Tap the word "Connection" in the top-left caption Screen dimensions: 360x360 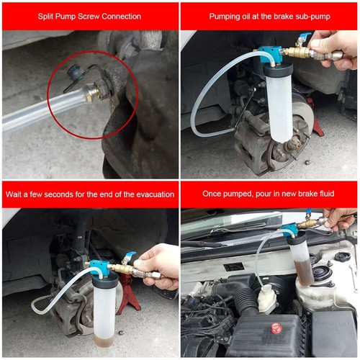tap(138, 16)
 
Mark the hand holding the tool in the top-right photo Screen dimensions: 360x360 tap(338, 47)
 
